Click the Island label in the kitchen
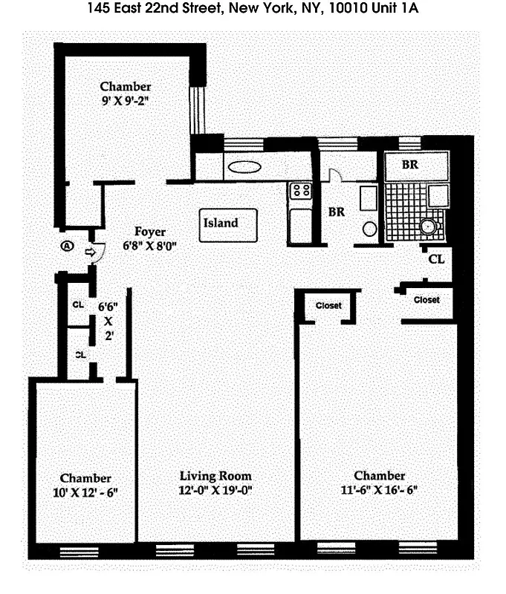click(221, 222)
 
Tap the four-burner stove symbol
click(301, 191)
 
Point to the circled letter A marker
click(68, 246)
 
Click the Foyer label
click(150, 231)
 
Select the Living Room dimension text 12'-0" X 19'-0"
click(215, 491)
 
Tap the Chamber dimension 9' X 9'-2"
click(126, 101)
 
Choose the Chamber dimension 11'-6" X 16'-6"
click(379, 491)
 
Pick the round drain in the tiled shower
click(427, 226)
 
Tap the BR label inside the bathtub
click(410, 165)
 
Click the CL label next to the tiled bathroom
click(437, 260)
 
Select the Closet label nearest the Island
click(328, 305)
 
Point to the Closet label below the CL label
click(426, 300)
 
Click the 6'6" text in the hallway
click(108, 306)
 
